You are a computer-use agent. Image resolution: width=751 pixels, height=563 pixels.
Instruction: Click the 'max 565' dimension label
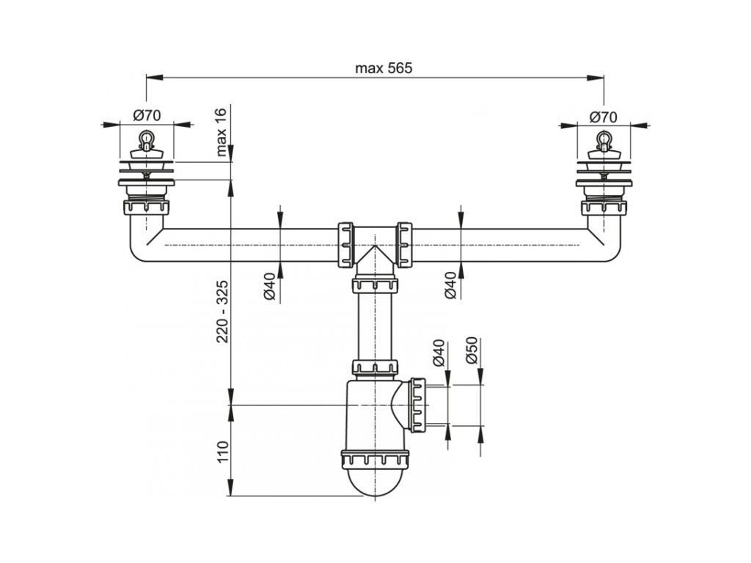384,68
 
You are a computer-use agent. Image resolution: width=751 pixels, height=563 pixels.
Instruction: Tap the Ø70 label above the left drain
147,115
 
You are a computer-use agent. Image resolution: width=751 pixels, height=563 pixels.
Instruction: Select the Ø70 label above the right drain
604,116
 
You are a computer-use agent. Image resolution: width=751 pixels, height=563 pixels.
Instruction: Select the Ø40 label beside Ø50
439,351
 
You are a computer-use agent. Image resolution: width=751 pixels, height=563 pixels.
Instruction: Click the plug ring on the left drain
147,137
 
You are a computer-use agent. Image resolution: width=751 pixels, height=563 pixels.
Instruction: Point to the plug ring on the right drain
604,138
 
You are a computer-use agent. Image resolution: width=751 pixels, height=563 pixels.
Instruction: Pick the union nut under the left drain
147,208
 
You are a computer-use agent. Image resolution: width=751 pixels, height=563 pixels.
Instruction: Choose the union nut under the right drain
604,208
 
